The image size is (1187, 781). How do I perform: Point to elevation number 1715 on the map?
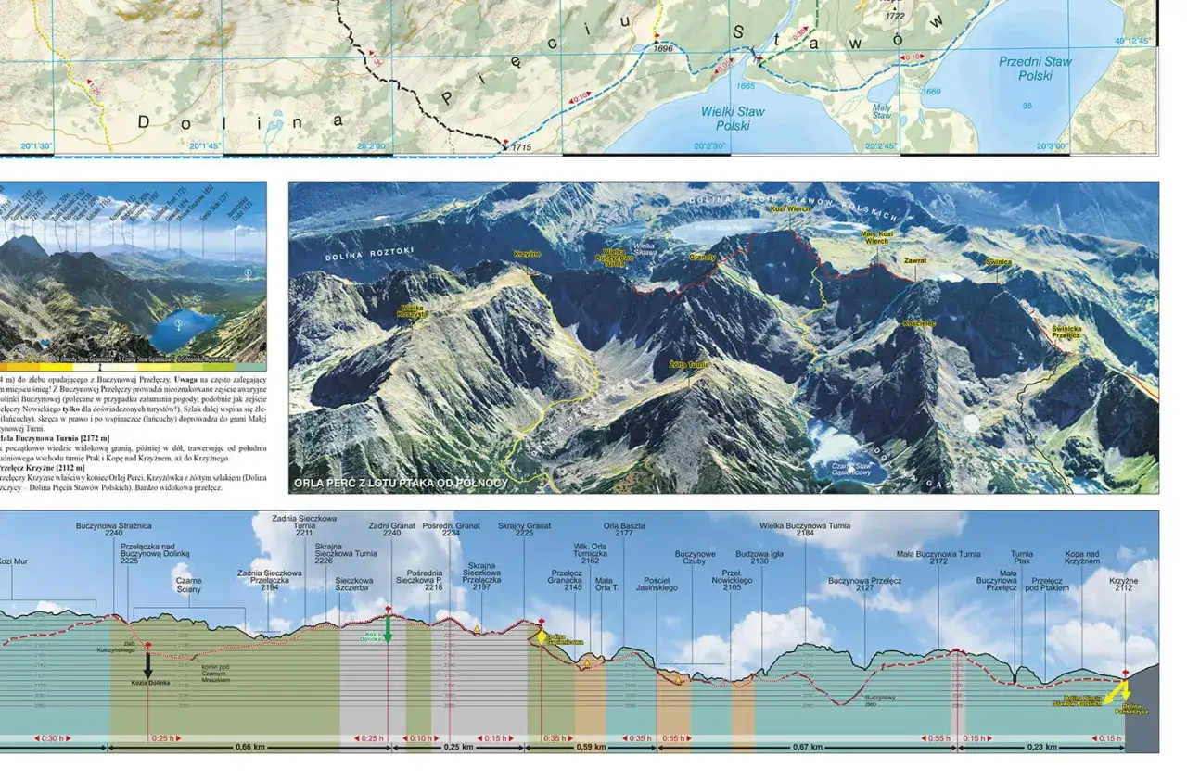coord(521,148)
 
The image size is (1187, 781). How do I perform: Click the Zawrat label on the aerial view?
coord(915,261)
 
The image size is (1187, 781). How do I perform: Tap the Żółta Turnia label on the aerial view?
coord(688,364)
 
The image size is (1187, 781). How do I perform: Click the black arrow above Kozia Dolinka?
coord(147,664)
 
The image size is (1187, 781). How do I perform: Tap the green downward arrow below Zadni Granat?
coord(388,629)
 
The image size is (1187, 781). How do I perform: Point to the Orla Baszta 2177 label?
coord(624,529)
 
